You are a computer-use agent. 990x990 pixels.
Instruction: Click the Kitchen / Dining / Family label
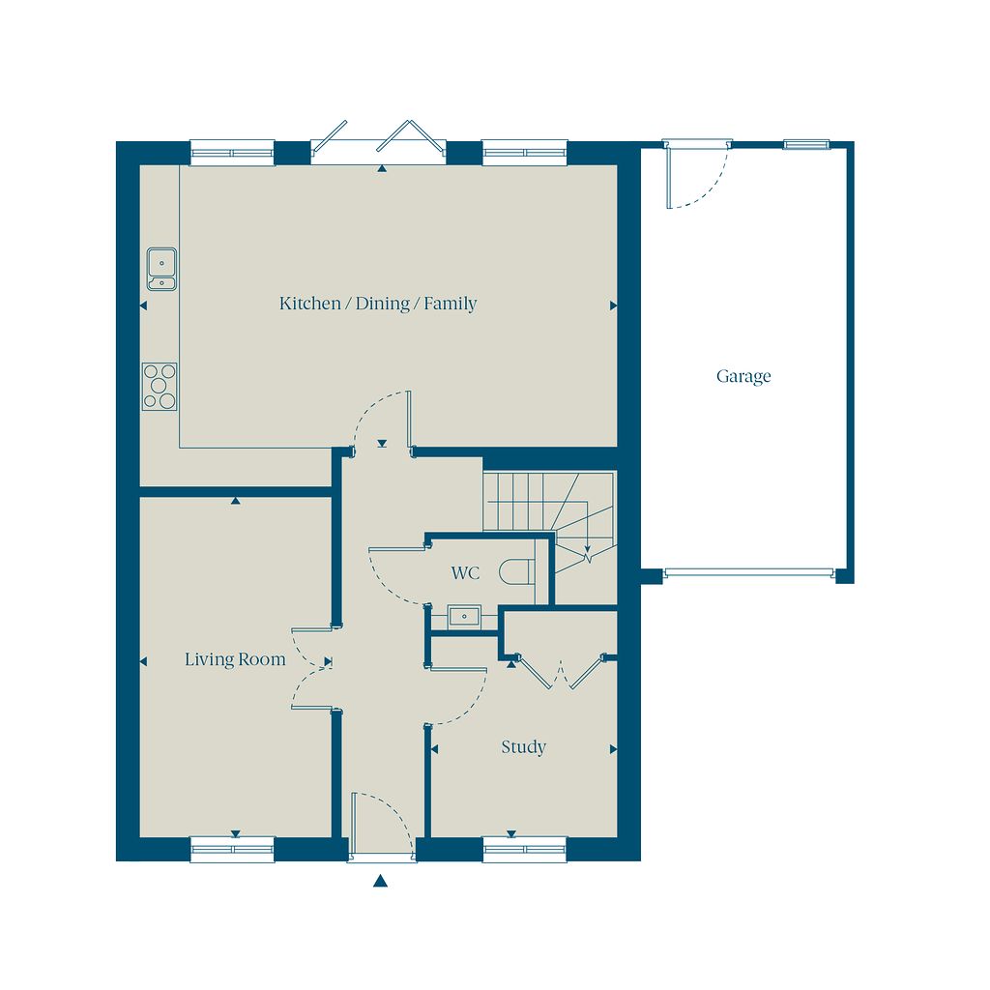pyautogui.click(x=378, y=304)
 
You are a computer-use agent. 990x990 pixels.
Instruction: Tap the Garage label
pyautogui.click(x=743, y=376)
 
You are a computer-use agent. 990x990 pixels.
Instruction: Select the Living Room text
pyautogui.click(x=235, y=659)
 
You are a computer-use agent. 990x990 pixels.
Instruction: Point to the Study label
pyautogui.click(x=523, y=747)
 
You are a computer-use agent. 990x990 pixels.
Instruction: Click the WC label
pyautogui.click(x=465, y=573)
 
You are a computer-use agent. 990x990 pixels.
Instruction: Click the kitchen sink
pyautogui.click(x=161, y=269)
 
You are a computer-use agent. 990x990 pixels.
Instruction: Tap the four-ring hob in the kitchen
pyautogui.click(x=160, y=387)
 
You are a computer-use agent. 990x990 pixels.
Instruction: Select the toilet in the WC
pyautogui.click(x=517, y=572)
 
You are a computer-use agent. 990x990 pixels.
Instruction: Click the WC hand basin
pyautogui.click(x=465, y=616)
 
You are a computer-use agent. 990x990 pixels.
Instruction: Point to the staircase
pyautogui.click(x=549, y=518)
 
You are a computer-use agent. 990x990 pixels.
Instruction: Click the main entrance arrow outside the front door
pyautogui.click(x=380, y=881)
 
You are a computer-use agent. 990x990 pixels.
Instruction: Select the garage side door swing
pyautogui.click(x=697, y=175)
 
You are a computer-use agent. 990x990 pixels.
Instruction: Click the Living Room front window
pyautogui.click(x=232, y=849)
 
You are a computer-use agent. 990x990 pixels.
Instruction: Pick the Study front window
pyautogui.click(x=525, y=849)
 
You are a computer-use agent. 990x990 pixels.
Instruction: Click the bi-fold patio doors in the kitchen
pyautogui.click(x=379, y=143)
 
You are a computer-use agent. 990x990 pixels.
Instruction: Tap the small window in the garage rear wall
pyautogui.click(x=806, y=145)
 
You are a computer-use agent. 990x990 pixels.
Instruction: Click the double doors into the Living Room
pyautogui.click(x=312, y=669)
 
